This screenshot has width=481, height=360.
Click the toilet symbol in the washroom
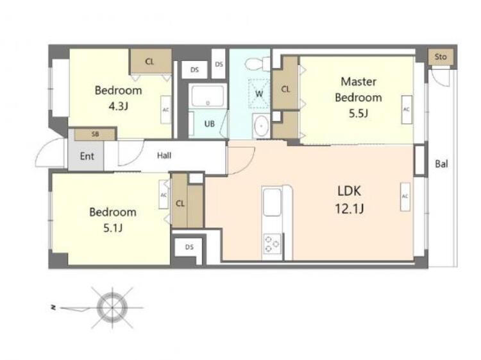click(x=257, y=64)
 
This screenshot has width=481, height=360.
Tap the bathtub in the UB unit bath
click(x=208, y=96)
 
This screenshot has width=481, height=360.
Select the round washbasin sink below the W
click(x=261, y=126)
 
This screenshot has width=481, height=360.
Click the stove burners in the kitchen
click(x=272, y=244)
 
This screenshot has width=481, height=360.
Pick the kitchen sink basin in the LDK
click(x=272, y=202)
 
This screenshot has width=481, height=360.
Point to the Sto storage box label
click(x=441, y=56)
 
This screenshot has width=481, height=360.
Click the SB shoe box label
click(x=96, y=134)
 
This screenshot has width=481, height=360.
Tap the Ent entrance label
click(x=87, y=156)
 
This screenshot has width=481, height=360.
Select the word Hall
click(x=164, y=155)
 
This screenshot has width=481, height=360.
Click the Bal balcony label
click(x=441, y=164)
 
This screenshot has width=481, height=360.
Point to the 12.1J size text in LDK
click(x=350, y=209)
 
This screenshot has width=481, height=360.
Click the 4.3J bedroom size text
click(x=119, y=106)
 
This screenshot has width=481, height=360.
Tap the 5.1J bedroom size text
click(x=113, y=228)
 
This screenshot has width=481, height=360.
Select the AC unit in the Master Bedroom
click(x=407, y=110)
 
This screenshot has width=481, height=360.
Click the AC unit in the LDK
click(x=405, y=197)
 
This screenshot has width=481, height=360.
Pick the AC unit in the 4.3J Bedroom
click(x=165, y=110)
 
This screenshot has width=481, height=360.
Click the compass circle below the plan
click(x=112, y=307)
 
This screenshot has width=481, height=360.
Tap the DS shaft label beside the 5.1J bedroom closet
click(x=189, y=247)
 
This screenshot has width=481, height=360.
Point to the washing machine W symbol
click(x=259, y=94)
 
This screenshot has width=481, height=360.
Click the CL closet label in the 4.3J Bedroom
click(x=149, y=62)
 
